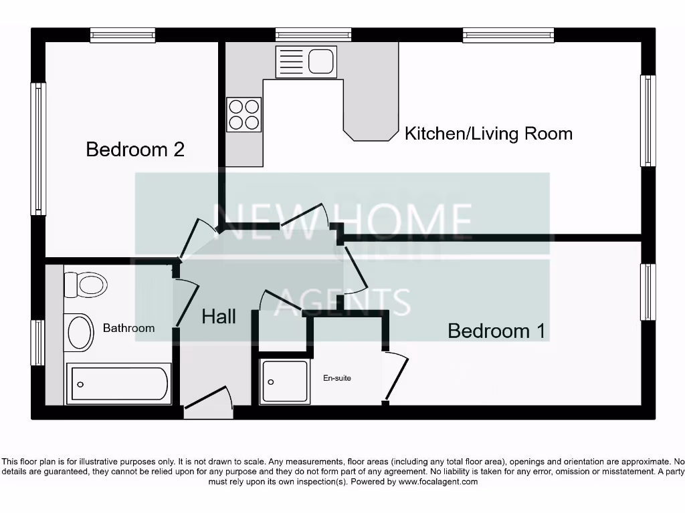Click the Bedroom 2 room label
(135, 149)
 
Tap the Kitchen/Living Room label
(488, 134)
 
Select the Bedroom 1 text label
(496, 331)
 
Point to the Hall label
(219, 317)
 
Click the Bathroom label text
(128, 328)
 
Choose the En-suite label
(337, 378)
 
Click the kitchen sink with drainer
(306, 62)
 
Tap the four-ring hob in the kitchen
(243, 114)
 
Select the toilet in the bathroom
(85, 285)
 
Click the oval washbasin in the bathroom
(80, 332)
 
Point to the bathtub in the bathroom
(119, 384)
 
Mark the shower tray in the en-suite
(286, 382)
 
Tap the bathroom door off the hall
(187, 302)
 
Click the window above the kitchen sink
(313, 35)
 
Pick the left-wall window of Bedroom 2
(38, 149)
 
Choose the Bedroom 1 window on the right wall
(648, 292)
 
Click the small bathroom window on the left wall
(38, 343)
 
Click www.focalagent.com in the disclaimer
(438, 482)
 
